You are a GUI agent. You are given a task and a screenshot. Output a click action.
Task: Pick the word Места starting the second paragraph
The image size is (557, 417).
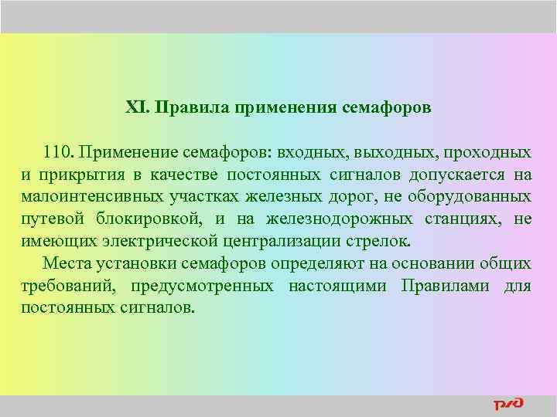(67, 263)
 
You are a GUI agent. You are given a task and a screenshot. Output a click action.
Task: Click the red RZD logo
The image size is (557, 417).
(508, 404)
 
